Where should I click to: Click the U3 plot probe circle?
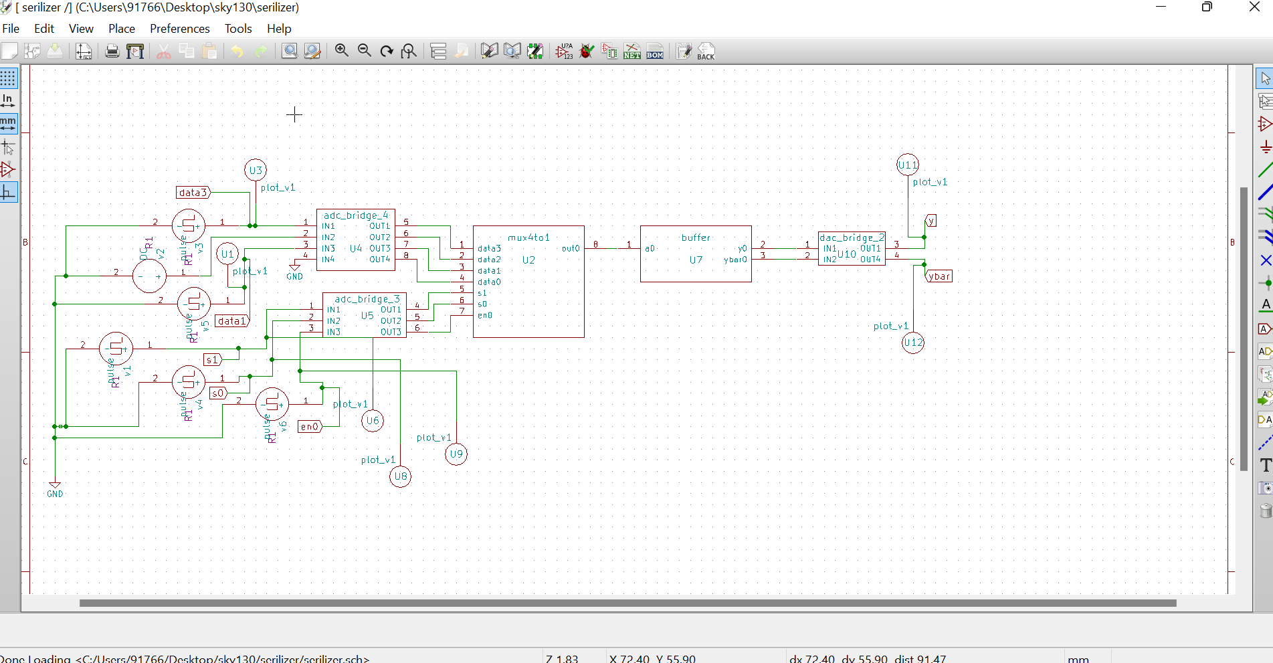click(x=256, y=170)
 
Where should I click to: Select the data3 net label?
click(x=193, y=193)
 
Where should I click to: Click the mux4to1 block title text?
click(x=528, y=238)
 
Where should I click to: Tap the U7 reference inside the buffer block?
click(x=696, y=260)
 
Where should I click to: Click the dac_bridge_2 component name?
click(x=852, y=238)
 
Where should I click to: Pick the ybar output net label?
click(x=939, y=276)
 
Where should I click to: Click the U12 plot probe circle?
click(x=913, y=343)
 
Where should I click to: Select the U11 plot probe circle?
click(x=908, y=165)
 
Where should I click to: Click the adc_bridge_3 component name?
click(x=367, y=299)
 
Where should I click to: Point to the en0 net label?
click(x=310, y=427)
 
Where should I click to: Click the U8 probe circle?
click(x=401, y=476)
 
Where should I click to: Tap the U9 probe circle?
click(x=456, y=454)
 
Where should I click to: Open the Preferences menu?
click(x=179, y=29)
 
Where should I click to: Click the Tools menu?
click(x=238, y=29)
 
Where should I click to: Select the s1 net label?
click(x=212, y=360)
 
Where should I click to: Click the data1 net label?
click(x=231, y=321)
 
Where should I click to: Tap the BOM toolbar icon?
click(x=655, y=52)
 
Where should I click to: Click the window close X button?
click(x=1254, y=7)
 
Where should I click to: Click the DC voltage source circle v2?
click(x=149, y=276)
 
